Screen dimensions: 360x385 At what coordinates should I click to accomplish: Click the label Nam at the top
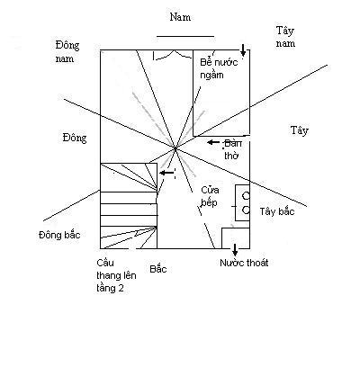pos(180,17)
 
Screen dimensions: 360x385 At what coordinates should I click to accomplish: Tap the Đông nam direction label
pos(67,51)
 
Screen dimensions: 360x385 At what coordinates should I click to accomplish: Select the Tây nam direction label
pos(285,37)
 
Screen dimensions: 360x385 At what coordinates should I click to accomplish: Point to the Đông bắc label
pos(59,235)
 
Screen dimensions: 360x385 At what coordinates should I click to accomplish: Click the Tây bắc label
pos(277,211)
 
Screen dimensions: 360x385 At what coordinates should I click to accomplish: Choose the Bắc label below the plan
pos(158,269)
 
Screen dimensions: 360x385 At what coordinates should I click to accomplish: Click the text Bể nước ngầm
pos(219,68)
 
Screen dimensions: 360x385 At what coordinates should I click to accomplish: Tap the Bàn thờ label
pos(232,149)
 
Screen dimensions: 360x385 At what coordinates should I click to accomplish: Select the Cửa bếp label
pos(210,196)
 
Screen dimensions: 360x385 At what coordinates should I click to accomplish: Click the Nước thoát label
pos(244,263)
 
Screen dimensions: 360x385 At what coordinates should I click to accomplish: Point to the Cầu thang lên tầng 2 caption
pos(116,275)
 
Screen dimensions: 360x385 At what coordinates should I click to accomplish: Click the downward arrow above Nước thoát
pos(235,250)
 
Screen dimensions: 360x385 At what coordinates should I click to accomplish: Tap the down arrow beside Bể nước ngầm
pos(243,50)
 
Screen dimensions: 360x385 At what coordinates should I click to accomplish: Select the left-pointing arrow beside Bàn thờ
pos(213,142)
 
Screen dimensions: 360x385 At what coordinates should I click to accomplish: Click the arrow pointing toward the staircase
pos(166,173)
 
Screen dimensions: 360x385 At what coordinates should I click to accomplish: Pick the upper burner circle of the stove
pos(246,196)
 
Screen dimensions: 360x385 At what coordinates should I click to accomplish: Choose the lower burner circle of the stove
pos(246,210)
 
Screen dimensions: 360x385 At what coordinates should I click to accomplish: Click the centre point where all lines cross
pos(175,148)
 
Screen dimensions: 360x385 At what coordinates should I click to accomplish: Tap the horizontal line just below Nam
pos(185,36)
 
